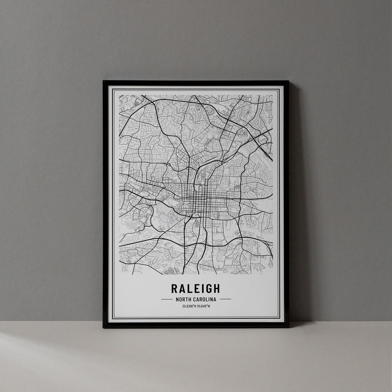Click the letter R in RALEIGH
point(175,289)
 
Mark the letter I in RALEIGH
point(201,289)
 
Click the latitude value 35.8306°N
point(189,306)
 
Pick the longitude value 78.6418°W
point(203,306)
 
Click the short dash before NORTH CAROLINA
point(166,299)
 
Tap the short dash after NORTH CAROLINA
point(225,299)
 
